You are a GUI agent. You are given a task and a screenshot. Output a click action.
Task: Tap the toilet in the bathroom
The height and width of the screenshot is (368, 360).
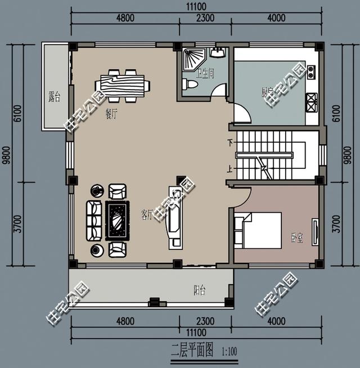[x=189, y=85]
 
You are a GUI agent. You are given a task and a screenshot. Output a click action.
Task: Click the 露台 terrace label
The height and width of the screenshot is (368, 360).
[x=54, y=97]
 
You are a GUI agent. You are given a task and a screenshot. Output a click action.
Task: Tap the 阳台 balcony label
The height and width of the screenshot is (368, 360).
[x=200, y=290]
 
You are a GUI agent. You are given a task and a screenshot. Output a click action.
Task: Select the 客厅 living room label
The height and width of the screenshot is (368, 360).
[x=147, y=214]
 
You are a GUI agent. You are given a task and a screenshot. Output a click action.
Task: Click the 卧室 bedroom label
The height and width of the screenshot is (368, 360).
[x=297, y=239]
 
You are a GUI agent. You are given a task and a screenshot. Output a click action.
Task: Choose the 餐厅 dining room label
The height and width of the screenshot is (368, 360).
[x=111, y=113]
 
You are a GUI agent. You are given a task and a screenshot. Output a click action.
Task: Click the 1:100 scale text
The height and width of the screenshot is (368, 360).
[x=229, y=352]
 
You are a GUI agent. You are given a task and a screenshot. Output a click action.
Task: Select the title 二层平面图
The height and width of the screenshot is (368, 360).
[x=193, y=351]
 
